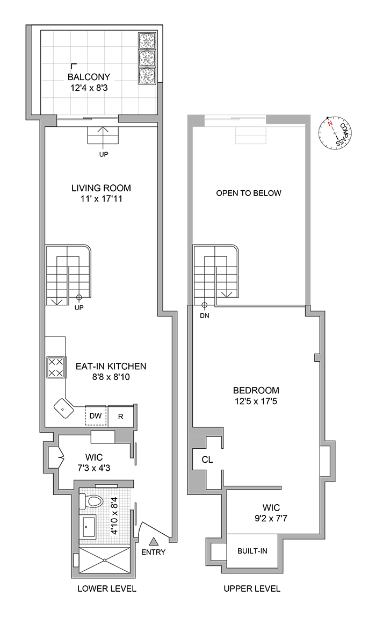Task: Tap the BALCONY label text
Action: pyautogui.click(x=89, y=77)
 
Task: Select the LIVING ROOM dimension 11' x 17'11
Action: pyautogui.click(x=101, y=199)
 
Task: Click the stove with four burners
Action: pyautogui.click(x=55, y=368)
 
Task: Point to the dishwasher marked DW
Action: pyautogui.click(x=95, y=415)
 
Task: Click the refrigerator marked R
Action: pyautogui.click(x=121, y=415)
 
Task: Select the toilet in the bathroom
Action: pyautogui.click(x=92, y=502)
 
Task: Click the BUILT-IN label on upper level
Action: pyautogui.click(x=252, y=551)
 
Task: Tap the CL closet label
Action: pyautogui.click(x=207, y=460)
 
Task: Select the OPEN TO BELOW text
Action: pyautogui.click(x=248, y=193)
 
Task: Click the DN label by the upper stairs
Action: pyautogui.click(x=204, y=316)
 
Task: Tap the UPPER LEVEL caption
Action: pyautogui.click(x=252, y=589)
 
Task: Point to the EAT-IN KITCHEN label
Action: pyautogui.click(x=111, y=367)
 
